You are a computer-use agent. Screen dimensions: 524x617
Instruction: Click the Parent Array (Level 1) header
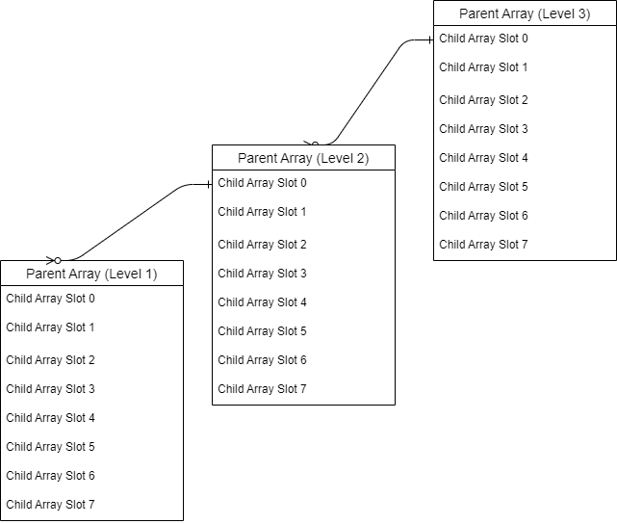tap(91, 274)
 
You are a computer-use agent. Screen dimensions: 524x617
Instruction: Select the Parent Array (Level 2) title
tap(303, 158)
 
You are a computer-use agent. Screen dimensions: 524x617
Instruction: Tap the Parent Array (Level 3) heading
tap(525, 13)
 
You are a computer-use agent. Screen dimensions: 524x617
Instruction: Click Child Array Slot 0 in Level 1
tap(51, 299)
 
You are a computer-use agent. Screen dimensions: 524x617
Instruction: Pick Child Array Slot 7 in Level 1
tap(51, 505)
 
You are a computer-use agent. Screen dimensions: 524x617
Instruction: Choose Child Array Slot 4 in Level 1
tap(51, 418)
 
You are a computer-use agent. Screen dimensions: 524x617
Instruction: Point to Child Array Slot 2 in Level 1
tap(51, 360)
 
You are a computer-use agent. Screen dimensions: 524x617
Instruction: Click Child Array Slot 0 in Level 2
tap(263, 183)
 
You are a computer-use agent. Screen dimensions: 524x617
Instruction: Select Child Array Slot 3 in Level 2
tap(263, 274)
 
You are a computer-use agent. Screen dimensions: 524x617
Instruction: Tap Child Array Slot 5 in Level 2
tap(263, 331)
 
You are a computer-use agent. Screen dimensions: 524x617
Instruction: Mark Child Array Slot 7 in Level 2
tap(263, 389)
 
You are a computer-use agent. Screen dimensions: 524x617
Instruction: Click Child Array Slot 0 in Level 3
tap(484, 39)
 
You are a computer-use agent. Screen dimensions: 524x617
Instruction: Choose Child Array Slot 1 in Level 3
tap(484, 67)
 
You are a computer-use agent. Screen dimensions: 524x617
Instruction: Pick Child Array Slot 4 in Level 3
tap(484, 158)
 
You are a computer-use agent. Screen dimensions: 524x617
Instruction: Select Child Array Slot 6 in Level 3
tap(484, 216)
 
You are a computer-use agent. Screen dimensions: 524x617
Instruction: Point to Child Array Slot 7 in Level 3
tap(484, 245)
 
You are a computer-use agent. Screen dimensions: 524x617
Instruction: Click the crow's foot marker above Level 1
tap(54, 260)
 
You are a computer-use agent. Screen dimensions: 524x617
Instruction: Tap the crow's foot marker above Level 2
tap(312, 144)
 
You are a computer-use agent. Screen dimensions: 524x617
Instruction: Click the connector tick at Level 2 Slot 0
tap(208, 184)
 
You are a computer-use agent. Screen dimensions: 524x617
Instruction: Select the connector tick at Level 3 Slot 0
tap(429, 40)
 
